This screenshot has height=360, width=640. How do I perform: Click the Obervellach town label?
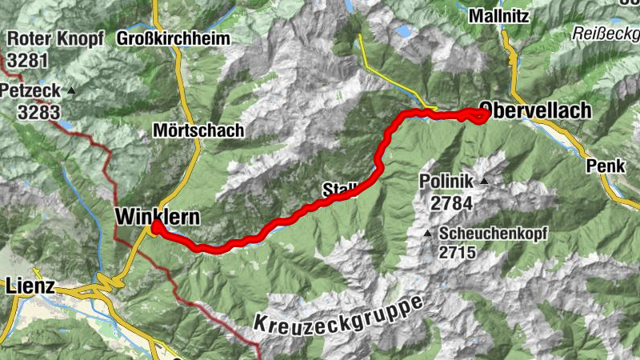click(x=535, y=111)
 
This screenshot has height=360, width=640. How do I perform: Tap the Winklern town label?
click(x=156, y=217)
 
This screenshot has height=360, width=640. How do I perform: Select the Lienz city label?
click(x=30, y=285)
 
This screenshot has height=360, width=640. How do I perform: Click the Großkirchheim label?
click(x=173, y=38)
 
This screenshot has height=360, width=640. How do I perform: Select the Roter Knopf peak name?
click(x=55, y=39)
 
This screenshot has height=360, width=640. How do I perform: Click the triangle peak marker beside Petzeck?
click(x=71, y=90)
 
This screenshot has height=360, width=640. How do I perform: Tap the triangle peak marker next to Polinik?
click(x=483, y=182)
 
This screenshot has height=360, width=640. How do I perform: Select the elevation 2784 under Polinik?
click(x=451, y=203)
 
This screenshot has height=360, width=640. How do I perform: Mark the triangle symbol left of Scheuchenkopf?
click(x=428, y=234)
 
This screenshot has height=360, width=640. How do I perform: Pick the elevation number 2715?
click(x=457, y=254)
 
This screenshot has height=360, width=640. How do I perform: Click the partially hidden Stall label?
click(x=338, y=190)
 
